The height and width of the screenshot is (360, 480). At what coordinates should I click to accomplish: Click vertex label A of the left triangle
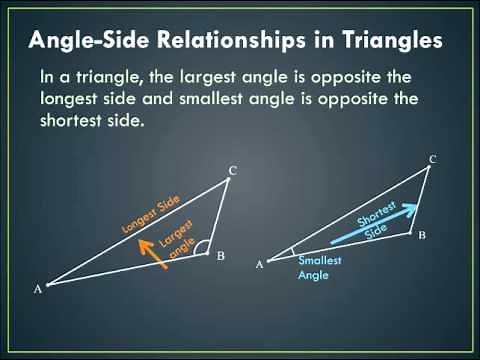[x=38, y=288]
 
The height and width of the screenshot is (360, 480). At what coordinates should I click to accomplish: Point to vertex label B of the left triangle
[x=220, y=256]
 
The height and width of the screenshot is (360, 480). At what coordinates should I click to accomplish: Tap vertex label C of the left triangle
[x=232, y=170]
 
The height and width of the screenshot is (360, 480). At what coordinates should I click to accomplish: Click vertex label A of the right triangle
[x=260, y=264]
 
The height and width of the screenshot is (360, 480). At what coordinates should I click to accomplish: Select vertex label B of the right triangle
[x=422, y=235]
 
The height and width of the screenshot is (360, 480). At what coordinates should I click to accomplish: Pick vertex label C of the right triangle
[x=432, y=159]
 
